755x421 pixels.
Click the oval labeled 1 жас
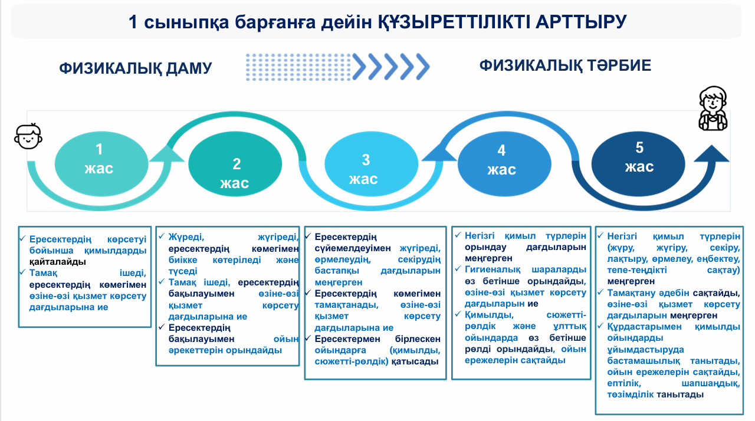(101, 164)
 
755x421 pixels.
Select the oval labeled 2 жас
(235, 164)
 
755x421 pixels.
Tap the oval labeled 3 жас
(371, 164)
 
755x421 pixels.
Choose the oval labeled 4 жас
(504, 164)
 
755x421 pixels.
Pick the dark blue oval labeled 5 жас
(638, 164)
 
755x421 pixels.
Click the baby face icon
(28, 136)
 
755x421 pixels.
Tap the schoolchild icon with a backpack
(713, 108)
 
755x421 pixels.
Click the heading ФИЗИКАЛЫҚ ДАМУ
(136, 68)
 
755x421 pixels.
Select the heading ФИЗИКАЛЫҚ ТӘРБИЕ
(565, 65)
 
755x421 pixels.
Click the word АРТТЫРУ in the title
(581, 22)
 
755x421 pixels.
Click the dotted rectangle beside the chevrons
(298, 67)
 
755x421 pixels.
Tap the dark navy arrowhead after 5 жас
(711, 153)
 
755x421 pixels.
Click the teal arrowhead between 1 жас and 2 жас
(167, 153)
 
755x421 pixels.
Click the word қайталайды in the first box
(58, 262)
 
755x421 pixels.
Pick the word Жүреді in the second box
(186, 237)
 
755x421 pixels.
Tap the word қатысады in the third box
(415, 361)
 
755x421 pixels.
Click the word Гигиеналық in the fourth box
(493, 270)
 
